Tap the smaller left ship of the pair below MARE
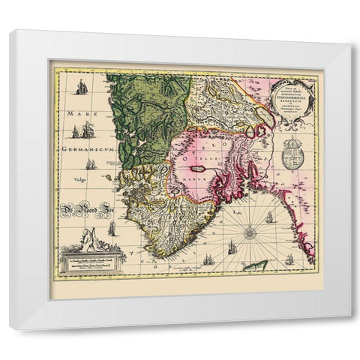tap(75, 133)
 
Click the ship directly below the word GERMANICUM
tap(91, 163)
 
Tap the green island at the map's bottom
tap(258, 265)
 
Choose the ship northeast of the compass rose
tap(269, 217)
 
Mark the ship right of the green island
tap(289, 259)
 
